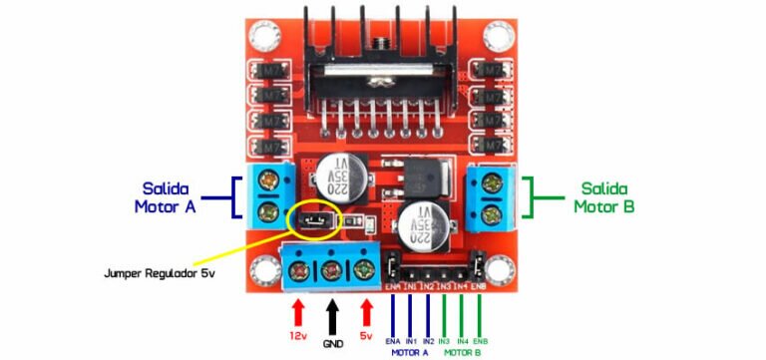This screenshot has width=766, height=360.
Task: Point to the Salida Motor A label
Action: [x=168, y=196]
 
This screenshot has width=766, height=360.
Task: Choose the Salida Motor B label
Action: [x=604, y=196]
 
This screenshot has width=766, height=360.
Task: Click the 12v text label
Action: [x=298, y=337]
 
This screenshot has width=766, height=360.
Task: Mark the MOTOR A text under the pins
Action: [x=409, y=352]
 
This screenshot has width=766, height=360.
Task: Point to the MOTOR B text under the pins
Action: [x=462, y=352]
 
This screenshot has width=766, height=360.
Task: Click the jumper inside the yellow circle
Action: [x=315, y=218]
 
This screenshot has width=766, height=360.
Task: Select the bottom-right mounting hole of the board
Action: [x=498, y=269]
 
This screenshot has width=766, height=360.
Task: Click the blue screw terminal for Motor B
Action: [x=490, y=196]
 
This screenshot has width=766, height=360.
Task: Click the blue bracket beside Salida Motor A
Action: [x=234, y=197]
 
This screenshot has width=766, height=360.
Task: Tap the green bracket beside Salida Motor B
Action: [x=533, y=197]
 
